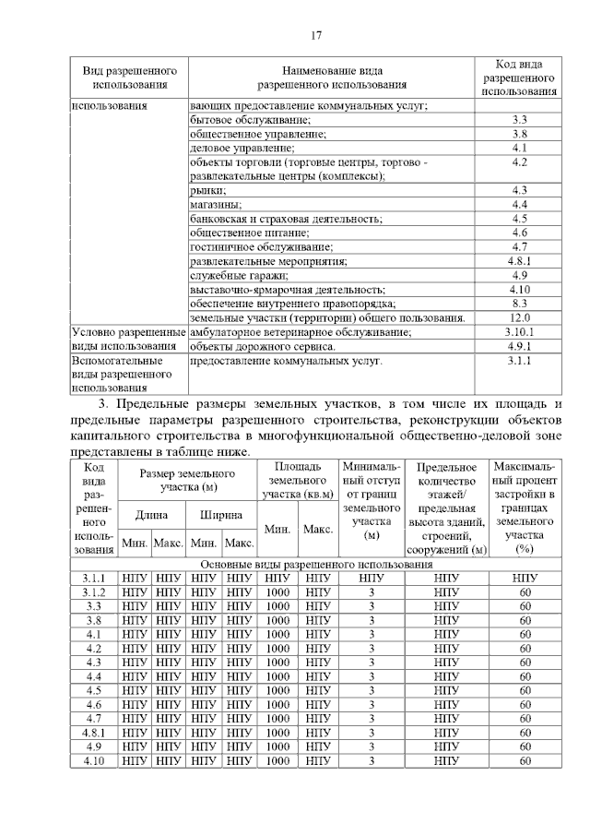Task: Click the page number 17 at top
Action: pyautogui.click(x=315, y=36)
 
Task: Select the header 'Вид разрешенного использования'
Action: pyautogui.click(x=129, y=78)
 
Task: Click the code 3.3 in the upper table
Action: pyautogui.click(x=519, y=120)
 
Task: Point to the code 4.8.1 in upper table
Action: pyautogui.click(x=519, y=260)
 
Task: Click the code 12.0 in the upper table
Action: pyautogui.click(x=519, y=317)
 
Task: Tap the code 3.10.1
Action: pyautogui.click(x=519, y=331)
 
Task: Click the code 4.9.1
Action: pyautogui.click(x=519, y=346)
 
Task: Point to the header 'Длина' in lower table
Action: pyautogui.click(x=151, y=514)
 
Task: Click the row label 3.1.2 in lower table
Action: pyautogui.click(x=93, y=592)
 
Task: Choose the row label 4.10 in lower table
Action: pyautogui.click(x=93, y=761)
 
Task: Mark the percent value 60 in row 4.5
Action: pyautogui.click(x=525, y=690)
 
